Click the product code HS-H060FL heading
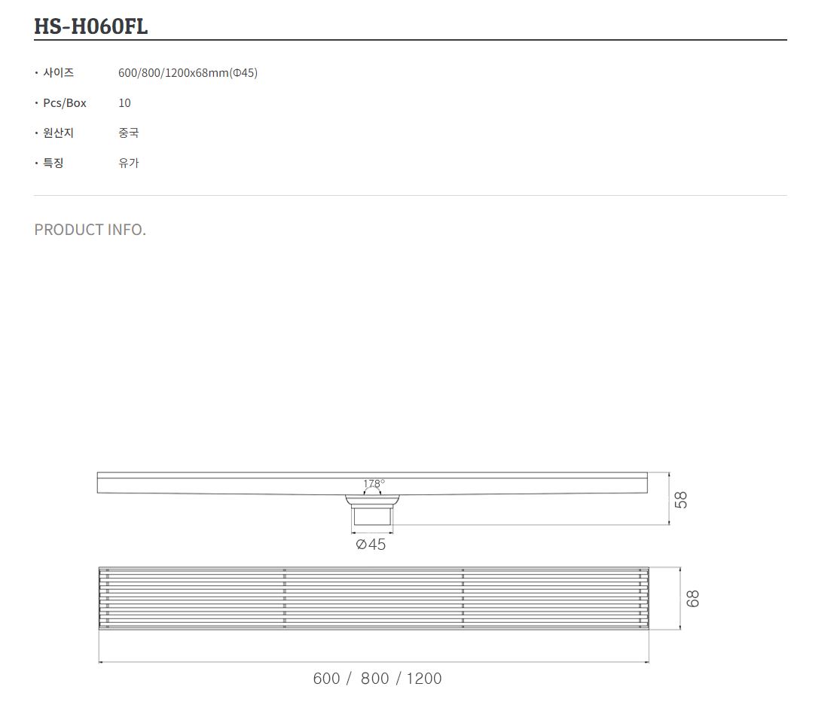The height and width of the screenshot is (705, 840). coord(90,26)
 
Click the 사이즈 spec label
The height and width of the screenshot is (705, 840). coord(59,72)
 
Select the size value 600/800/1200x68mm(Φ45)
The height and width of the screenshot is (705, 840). coord(188,73)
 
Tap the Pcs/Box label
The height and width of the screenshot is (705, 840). coord(65,103)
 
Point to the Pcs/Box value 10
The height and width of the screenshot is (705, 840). coord(124,103)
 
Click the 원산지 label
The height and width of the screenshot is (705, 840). coord(59,133)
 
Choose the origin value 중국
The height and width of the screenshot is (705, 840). coord(129,133)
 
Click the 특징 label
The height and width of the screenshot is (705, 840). coord(53,163)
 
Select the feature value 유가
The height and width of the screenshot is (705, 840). coord(129,163)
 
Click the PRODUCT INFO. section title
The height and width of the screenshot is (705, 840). coord(90,230)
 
